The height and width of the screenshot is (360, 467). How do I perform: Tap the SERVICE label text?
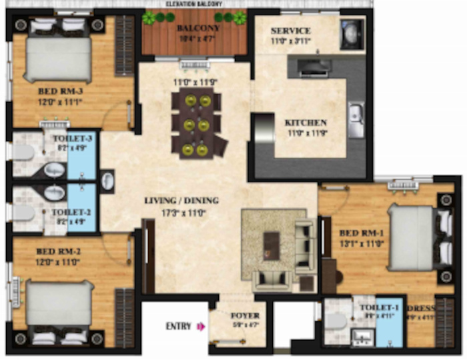291,31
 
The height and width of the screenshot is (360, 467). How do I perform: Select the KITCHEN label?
306,123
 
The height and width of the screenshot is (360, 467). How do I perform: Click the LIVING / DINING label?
181,200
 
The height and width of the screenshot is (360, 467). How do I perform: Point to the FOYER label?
245,315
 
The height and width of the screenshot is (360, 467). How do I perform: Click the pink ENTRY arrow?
198,327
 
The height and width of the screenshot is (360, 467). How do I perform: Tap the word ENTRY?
178,327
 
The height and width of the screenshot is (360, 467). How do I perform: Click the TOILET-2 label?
70,213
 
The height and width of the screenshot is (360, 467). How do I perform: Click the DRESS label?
420,308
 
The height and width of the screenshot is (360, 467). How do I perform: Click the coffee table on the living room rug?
271,243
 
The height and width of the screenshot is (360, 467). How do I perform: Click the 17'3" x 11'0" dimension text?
181,213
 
